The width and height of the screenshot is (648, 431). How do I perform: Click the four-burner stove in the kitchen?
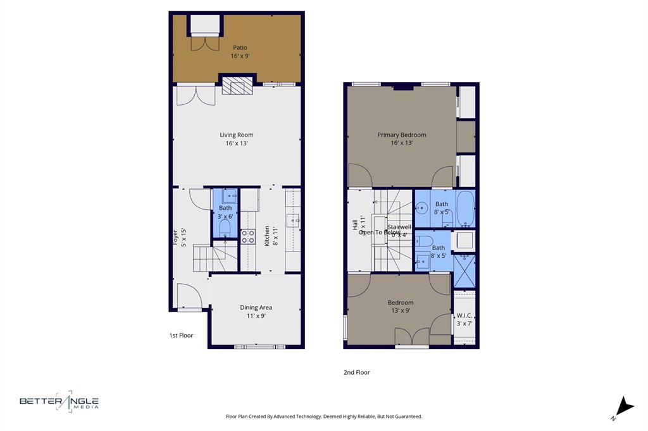247,236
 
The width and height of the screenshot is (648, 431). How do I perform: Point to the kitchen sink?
293,221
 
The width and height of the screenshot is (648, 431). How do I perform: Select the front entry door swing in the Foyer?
189,296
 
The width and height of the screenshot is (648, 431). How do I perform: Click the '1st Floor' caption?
181,336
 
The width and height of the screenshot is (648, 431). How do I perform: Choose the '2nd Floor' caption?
356,372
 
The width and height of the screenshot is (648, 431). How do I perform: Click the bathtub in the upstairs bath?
465,209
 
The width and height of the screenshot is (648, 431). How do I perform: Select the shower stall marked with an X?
464,270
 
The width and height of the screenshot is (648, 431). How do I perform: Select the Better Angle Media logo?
59,401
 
